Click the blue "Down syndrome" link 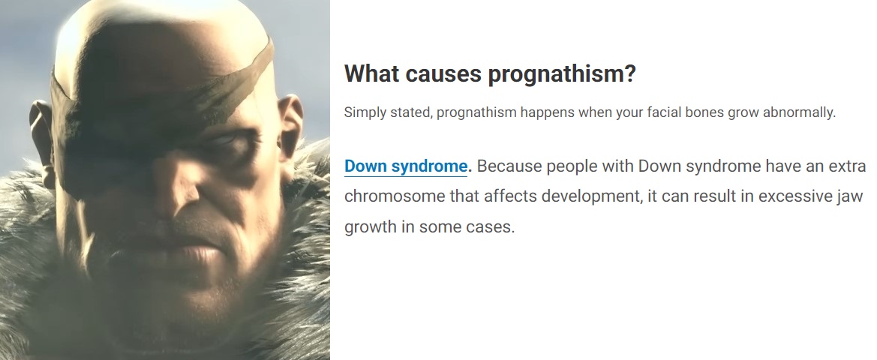406,166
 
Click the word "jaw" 851,197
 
